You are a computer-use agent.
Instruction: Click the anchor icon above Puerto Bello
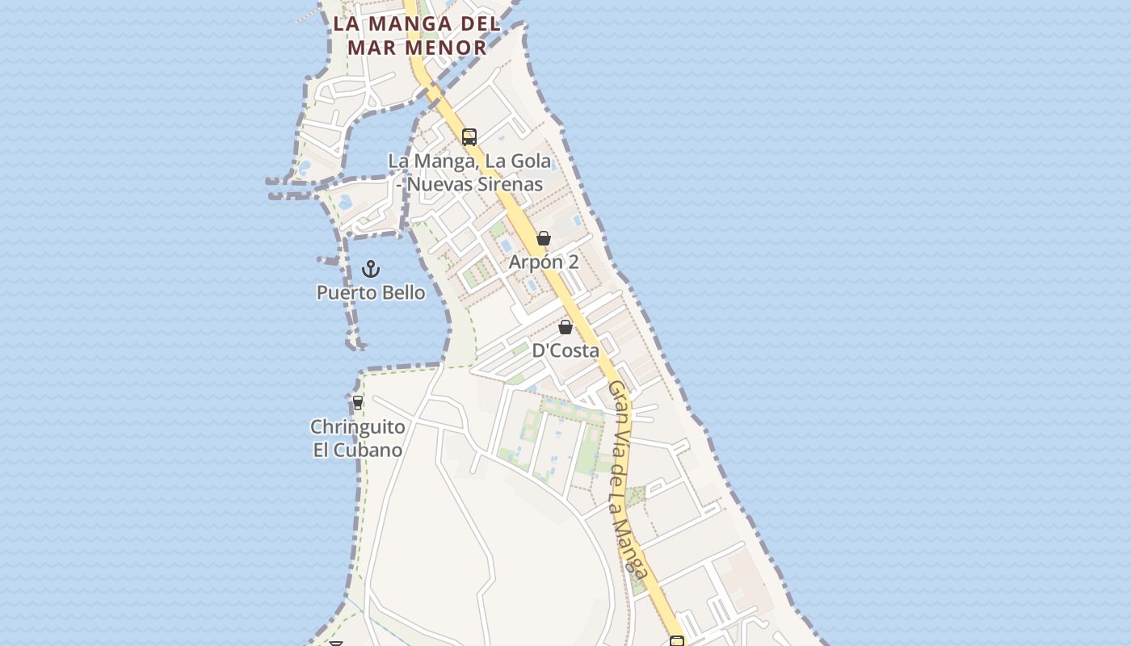tap(371, 268)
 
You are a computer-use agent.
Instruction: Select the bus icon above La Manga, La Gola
tap(469, 136)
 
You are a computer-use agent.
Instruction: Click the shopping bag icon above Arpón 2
tap(544, 238)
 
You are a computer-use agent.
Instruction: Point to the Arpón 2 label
tap(544, 262)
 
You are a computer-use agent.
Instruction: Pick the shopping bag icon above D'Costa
tap(565, 327)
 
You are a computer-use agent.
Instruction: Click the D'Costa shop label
tap(565, 350)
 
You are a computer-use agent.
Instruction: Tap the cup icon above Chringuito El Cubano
tap(358, 402)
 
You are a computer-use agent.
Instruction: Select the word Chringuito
tap(358, 426)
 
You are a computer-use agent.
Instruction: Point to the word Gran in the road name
tap(617, 398)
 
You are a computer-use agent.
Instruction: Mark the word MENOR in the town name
tap(447, 48)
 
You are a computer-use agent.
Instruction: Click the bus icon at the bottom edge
tap(677, 641)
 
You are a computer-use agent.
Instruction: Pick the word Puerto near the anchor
tap(341, 292)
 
